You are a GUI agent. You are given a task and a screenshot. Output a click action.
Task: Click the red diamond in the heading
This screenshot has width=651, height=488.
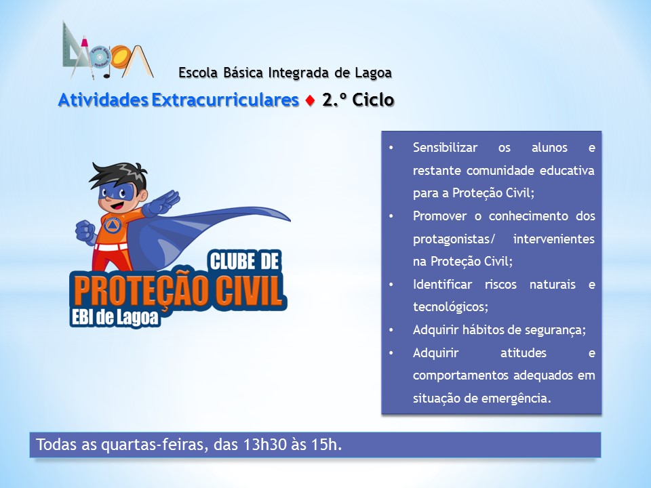[310, 101]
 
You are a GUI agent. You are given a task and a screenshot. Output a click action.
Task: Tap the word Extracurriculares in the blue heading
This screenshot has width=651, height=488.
[225, 100]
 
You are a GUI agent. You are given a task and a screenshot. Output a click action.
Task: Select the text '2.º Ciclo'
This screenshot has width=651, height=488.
[358, 100]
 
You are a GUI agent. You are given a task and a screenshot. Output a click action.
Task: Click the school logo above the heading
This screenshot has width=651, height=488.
[108, 50]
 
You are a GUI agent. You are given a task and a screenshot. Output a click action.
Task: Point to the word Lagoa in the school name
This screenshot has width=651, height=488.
[373, 73]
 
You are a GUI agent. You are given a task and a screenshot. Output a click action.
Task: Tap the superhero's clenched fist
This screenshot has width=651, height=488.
[85, 232]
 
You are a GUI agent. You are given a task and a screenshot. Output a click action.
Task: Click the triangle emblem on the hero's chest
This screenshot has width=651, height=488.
[113, 226]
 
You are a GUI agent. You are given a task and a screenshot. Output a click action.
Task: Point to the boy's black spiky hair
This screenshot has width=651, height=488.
[119, 175]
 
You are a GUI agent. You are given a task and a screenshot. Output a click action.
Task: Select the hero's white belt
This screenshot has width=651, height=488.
[111, 247]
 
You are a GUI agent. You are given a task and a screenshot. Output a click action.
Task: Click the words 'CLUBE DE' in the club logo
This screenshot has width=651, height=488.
[245, 262]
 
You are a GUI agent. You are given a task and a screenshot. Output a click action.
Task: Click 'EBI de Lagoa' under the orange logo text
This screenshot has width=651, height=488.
[115, 317]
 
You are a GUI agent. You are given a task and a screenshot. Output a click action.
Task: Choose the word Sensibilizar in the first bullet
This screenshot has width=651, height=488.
[445, 148]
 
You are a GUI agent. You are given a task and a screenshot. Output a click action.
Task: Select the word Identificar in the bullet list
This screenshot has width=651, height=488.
[442, 285]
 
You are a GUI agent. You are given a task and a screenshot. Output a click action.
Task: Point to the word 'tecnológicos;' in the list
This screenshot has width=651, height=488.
[450, 307]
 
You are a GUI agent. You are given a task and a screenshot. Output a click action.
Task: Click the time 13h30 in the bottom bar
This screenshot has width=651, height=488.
[264, 445]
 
